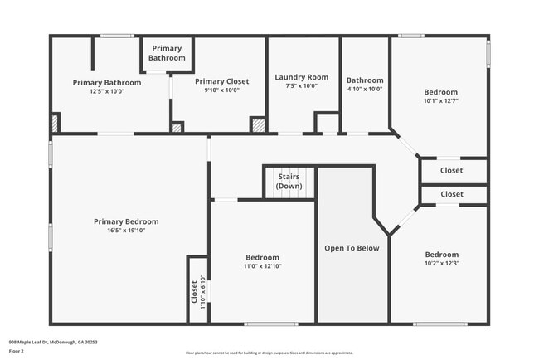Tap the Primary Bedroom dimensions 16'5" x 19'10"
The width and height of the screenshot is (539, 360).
pos(126,231)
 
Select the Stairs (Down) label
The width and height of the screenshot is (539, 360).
pos(289,182)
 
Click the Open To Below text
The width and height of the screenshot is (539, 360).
pos(352,248)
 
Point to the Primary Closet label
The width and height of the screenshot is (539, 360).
pos(221,81)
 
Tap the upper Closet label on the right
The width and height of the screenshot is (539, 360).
pos(452,170)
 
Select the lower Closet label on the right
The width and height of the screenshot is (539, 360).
pos(452,194)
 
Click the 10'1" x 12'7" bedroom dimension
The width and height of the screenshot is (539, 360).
pos(441,100)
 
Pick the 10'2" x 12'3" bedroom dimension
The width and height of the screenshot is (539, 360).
pos(441,263)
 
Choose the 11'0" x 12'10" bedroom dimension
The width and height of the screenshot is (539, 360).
pos(262,266)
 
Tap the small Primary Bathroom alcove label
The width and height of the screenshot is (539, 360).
pos(167,53)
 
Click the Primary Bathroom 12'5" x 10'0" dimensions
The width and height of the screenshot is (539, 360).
pos(107,90)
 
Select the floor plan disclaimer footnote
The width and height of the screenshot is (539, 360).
pos(269,352)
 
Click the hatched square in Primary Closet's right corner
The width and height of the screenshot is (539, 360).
pos(259,125)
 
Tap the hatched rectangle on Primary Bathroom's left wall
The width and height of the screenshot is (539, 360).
pos(55,123)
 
